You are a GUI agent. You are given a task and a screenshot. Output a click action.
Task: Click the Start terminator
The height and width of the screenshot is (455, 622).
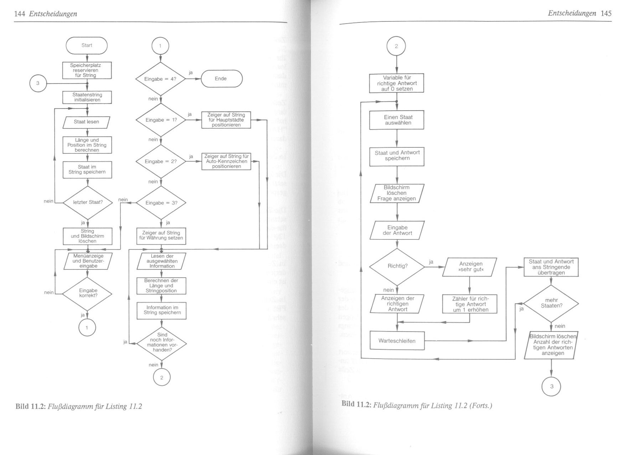pyautogui.click(x=87, y=46)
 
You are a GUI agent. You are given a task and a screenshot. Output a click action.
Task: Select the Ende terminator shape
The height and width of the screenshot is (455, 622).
pyautogui.click(x=221, y=79)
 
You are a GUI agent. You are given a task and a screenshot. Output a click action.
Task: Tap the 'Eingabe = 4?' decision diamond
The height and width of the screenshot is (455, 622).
pyautogui.click(x=160, y=79)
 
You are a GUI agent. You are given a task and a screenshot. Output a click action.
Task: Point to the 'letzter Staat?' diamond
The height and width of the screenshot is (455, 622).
pyautogui.click(x=88, y=202)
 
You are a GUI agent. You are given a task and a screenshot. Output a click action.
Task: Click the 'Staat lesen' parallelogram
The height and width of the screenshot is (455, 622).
pyautogui.click(x=87, y=122)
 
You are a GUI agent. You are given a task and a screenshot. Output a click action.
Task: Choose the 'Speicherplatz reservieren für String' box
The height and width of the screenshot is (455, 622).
pyautogui.click(x=87, y=70)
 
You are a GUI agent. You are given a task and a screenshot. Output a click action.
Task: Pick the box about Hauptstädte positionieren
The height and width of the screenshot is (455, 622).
pyautogui.click(x=226, y=120)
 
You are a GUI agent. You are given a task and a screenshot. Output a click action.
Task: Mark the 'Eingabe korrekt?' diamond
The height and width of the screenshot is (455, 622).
pyautogui.click(x=88, y=293)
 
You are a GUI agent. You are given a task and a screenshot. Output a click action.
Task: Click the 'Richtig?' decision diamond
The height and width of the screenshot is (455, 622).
pyautogui.click(x=397, y=266)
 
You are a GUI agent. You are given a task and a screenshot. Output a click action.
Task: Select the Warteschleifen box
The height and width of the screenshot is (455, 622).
pyautogui.click(x=397, y=341)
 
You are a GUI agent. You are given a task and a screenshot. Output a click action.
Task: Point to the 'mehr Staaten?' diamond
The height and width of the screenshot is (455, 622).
pyautogui.click(x=551, y=303)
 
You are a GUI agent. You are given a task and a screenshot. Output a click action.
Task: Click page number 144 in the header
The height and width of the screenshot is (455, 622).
pyautogui.click(x=19, y=14)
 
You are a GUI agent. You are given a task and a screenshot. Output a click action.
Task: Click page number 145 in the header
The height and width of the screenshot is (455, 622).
pyautogui.click(x=606, y=14)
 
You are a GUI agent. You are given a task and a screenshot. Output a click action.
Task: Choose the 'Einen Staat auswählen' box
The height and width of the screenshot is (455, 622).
pyautogui.click(x=397, y=120)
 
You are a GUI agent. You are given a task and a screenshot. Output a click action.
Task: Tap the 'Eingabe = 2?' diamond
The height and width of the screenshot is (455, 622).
pyautogui.click(x=161, y=161)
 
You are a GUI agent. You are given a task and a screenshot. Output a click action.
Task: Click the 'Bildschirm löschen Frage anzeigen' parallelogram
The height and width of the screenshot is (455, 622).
pyautogui.click(x=397, y=193)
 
